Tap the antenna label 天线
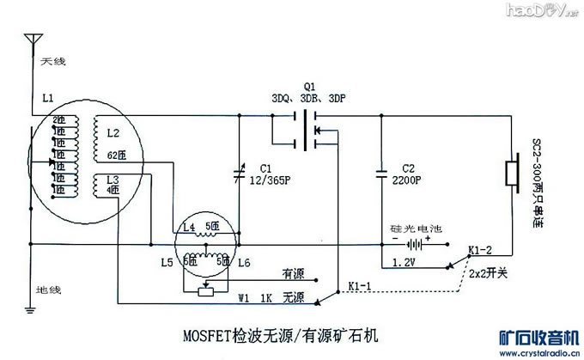pos(47,60)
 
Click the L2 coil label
pos(113,134)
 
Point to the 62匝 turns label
pos(116,156)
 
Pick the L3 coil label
pos(113,179)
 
